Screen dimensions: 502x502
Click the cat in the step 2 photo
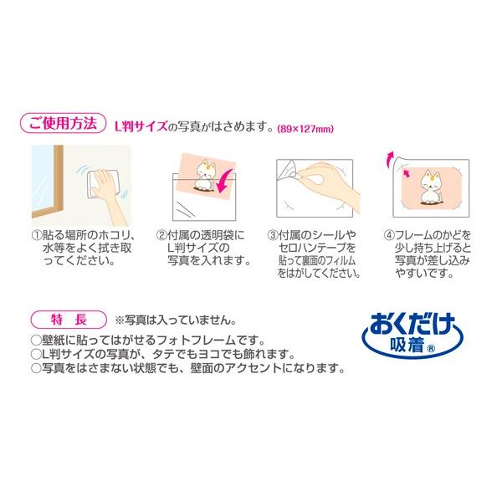[202, 172]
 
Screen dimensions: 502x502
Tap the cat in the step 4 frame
[433, 186]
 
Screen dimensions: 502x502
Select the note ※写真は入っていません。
[175, 320]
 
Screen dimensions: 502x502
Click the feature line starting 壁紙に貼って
[147, 341]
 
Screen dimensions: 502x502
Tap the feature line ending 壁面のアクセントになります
[187, 367]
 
